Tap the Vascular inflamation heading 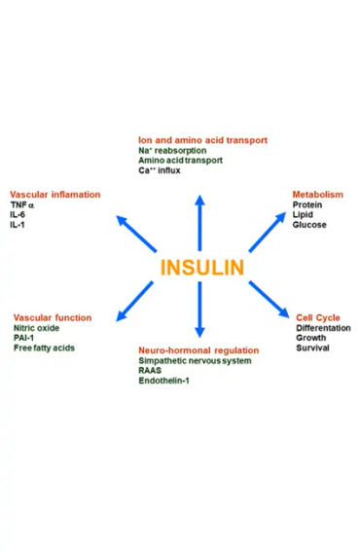click(54, 195)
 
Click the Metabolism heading click(318, 195)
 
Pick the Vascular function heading click(53, 316)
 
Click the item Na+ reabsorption click(172, 151)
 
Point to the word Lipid click(304, 215)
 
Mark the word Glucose click(309, 225)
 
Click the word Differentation click(324, 327)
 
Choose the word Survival click(313, 348)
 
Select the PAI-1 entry click(25, 337)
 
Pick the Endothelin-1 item click(168, 381)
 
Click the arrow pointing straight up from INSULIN click(200, 219)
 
